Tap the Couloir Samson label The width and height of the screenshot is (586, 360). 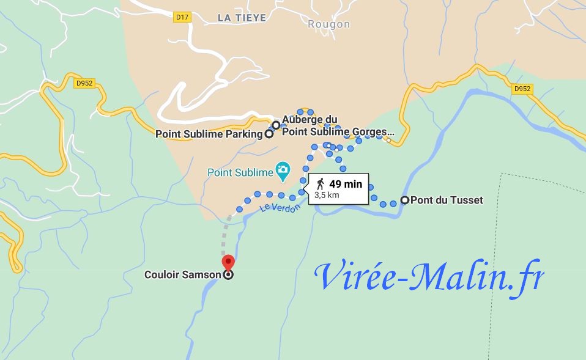(182, 275)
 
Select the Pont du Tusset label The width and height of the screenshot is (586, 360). (447, 200)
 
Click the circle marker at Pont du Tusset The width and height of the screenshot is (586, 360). (404, 200)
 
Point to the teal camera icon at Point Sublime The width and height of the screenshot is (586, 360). (283, 167)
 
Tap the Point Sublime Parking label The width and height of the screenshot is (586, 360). (208, 134)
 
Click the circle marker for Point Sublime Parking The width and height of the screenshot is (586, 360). (269, 134)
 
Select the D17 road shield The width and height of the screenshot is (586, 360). (182, 17)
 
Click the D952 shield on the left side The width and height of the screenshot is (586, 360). (86, 83)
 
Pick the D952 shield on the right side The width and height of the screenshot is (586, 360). (522, 89)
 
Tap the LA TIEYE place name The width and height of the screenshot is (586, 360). (242, 18)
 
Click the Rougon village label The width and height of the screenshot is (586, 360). (328, 24)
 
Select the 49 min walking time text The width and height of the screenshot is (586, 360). (346, 184)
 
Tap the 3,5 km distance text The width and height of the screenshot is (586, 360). (326, 196)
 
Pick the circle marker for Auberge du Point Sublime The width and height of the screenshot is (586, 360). (276, 125)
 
